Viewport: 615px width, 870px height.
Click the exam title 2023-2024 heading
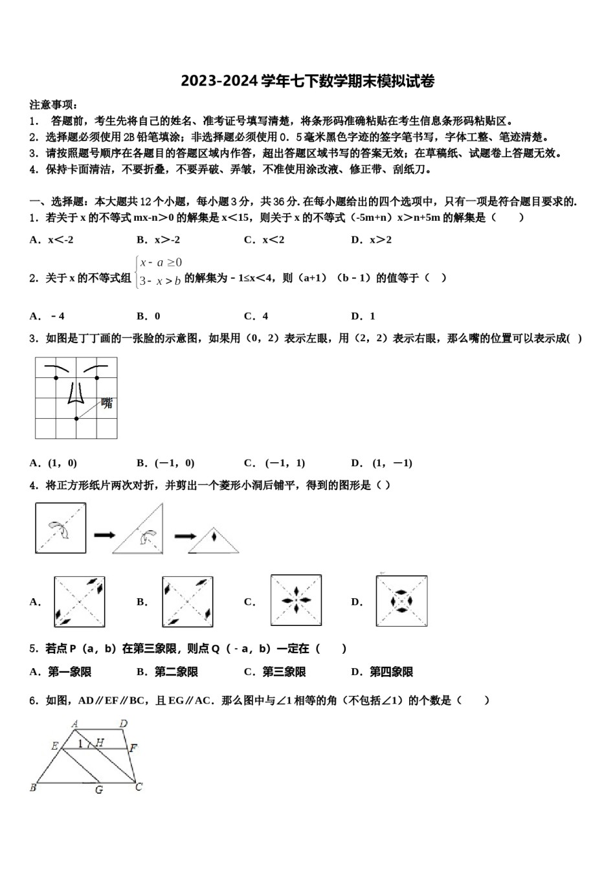307,82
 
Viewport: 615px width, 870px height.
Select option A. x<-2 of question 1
52,240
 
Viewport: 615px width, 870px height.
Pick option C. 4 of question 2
256,317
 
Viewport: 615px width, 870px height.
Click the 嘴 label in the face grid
107,403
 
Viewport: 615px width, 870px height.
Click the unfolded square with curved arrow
60,529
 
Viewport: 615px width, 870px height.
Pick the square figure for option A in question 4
80,601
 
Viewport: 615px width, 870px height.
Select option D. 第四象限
382,672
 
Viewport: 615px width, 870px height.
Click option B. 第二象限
168,672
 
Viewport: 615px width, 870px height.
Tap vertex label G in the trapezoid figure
99,790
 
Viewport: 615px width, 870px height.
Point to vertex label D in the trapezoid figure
123,724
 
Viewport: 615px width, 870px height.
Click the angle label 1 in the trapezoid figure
80,744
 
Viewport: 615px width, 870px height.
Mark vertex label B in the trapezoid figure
33,788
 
